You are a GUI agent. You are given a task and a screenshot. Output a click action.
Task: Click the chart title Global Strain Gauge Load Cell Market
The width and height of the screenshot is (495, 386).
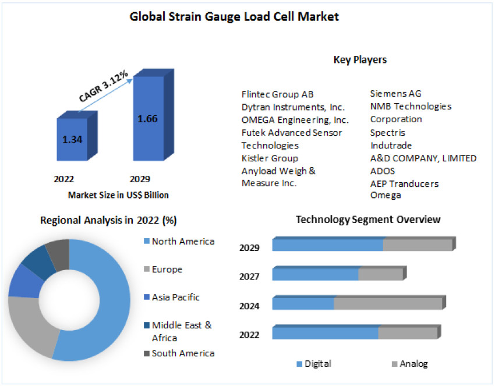234,17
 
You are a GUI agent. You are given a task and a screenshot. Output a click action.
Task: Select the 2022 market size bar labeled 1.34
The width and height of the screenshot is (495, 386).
72,139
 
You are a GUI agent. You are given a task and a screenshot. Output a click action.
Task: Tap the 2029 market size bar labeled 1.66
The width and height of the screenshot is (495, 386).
148,119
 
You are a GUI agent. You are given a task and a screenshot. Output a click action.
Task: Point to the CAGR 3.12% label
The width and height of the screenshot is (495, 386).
104,90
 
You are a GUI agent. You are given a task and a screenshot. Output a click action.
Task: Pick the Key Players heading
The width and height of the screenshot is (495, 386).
360,59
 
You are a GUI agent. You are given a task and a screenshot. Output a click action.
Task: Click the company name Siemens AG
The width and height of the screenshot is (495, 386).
395,93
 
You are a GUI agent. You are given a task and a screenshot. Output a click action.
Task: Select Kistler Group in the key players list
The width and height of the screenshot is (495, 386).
270,158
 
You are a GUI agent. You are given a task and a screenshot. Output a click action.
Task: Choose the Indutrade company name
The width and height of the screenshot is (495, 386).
391,145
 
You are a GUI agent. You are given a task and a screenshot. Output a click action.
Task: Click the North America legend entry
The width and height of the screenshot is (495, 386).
183,242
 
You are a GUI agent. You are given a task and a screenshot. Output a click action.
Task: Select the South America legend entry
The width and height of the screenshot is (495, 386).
183,353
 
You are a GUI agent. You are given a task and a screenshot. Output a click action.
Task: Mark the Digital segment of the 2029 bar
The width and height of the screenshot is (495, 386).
327,245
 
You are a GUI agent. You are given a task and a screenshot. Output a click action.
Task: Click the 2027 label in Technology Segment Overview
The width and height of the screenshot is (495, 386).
249,277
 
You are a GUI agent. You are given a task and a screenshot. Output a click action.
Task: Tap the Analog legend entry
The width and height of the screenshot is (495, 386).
413,364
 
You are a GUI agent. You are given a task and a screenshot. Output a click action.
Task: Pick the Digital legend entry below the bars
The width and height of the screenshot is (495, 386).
317,364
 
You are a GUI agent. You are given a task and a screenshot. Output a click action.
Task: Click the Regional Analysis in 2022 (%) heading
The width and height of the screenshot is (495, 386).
108,220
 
